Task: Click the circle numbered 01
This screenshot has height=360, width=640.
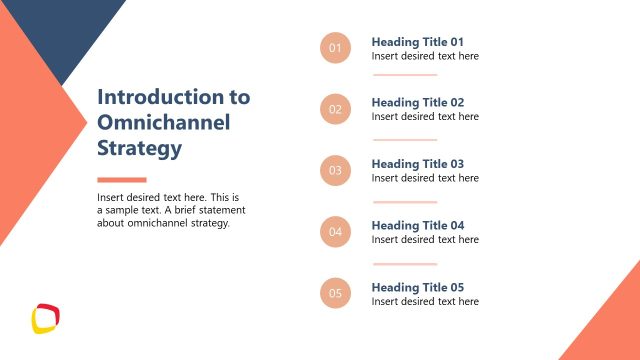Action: tap(335, 48)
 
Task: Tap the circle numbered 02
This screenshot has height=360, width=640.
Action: tap(335, 109)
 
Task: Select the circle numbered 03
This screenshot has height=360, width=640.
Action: tap(335, 170)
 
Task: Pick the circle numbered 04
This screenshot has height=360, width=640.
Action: tap(335, 232)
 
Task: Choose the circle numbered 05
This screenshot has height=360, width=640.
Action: tap(335, 293)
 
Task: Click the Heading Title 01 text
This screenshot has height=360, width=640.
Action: tap(418, 42)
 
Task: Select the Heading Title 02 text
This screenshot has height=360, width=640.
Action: tap(418, 103)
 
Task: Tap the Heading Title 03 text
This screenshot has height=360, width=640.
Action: tap(418, 164)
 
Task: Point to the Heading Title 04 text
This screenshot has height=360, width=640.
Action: tap(418, 226)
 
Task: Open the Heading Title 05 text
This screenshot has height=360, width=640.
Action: tap(418, 287)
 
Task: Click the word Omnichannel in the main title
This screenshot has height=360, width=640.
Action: tap(163, 123)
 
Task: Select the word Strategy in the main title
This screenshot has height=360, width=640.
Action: tap(139, 149)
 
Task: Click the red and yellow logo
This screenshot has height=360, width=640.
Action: tap(46, 317)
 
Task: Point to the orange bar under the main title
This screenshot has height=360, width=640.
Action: tap(121, 179)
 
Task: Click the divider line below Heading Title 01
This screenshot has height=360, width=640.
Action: tap(405, 74)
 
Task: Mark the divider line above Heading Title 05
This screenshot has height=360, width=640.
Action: tap(405, 264)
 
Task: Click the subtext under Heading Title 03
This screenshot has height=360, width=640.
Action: tap(425, 178)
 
